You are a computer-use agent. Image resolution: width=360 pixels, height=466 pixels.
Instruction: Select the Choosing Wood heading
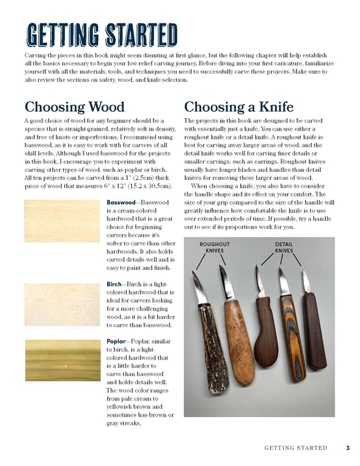click(x=74, y=106)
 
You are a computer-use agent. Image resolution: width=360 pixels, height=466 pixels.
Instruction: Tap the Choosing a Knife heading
click(x=238, y=106)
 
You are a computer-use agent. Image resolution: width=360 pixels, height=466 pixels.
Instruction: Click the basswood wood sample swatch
click(x=62, y=221)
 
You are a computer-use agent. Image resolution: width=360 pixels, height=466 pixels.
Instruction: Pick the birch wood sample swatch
click(x=62, y=305)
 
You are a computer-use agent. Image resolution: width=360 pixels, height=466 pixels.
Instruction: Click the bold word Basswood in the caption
click(x=121, y=202)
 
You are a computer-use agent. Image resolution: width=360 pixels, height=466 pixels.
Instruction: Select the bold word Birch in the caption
click(x=114, y=284)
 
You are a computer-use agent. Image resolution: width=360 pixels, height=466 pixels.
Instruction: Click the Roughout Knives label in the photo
click(x=215, y=247)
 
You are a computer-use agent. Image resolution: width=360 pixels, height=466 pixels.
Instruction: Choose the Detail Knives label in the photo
click(x=284, y=247)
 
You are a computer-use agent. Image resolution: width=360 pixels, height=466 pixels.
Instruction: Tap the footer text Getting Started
click(x=295, y=448)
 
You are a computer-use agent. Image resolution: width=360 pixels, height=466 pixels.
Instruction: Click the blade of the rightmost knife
click(x=305, y=282)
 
